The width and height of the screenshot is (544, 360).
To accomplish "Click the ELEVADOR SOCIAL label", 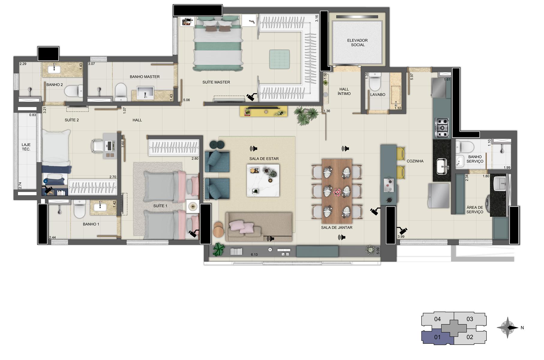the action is click(x=357, y=43).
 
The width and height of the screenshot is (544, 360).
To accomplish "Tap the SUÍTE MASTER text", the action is click(x=216, y=82).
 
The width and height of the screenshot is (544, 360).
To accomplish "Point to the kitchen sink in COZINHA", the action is click(x=442, y=166).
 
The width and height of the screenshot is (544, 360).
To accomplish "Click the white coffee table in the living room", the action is click(x=263, y=180).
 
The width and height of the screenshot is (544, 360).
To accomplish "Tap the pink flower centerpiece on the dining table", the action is click(x=337, y=192).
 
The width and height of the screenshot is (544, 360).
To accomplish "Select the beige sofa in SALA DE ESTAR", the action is click(x=259, y=226).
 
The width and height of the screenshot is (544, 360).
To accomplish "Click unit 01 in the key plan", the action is click(x=437, y=337).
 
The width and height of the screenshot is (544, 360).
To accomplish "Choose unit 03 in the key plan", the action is click(x=470, y=319).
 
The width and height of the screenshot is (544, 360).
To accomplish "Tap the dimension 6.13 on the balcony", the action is click(x=254, y=255).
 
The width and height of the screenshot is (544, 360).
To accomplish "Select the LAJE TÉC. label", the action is click(x=26, y=147).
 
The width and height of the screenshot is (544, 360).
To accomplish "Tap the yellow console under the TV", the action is click(x=264, y=111).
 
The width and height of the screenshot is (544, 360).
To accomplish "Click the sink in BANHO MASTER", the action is click(x=145, y=93).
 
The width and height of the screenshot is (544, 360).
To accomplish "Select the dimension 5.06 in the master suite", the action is click(x=186, y=100).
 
